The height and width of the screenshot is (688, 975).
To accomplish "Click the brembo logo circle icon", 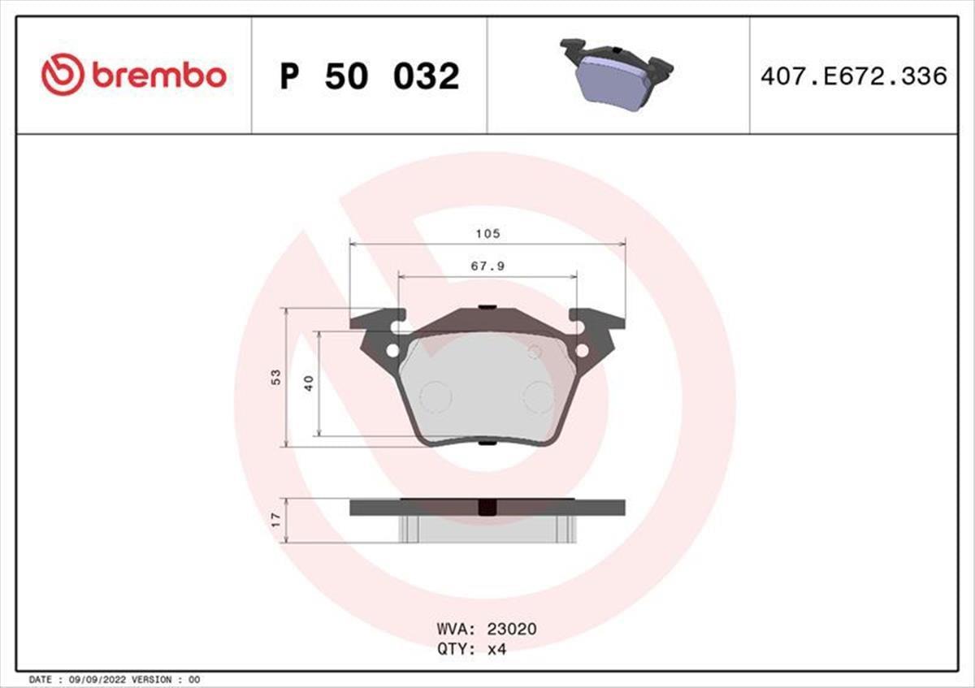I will (63, 75).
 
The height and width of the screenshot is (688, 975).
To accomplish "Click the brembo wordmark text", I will (158, 76).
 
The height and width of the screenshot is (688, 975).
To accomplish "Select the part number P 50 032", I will (370, 76).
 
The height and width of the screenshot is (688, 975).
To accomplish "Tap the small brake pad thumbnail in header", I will (617, 74).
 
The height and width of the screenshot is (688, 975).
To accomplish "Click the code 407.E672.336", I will (853, 76).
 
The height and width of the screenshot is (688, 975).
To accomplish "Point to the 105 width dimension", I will (487, 233).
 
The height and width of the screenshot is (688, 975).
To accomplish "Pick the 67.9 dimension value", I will (487, 266).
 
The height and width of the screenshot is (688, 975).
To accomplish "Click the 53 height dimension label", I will (276, 377).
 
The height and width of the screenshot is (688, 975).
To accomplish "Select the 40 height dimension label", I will (309, 383).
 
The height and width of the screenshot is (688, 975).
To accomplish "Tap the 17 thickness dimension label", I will (276, 520).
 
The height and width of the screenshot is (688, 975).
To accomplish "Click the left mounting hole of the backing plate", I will (392, 351).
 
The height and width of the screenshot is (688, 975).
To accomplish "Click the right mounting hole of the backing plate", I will (582, 351).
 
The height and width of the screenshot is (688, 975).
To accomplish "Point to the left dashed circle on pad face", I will (435, 397).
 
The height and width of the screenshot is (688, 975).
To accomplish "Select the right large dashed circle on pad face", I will (539, 397).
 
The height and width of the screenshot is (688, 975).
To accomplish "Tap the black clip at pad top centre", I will (487, 307).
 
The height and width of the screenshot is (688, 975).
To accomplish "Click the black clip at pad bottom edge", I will (487, 443).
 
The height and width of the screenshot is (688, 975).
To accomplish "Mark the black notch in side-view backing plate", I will (487, 508).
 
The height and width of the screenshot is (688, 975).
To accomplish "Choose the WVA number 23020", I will (511, 629).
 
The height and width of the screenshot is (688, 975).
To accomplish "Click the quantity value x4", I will (496, 648).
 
